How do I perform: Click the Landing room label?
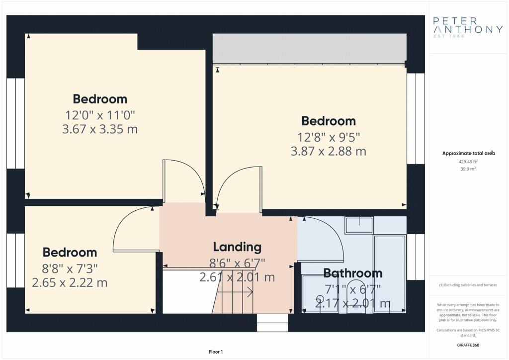237,247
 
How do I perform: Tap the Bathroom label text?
353,273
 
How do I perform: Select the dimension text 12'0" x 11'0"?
100,115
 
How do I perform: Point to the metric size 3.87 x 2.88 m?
328,151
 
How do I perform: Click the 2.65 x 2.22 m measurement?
70,282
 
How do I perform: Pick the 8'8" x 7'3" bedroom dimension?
70,269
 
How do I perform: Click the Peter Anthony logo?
468,27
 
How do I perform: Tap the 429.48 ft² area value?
468,161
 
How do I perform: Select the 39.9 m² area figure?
468,169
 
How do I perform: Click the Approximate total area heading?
468,153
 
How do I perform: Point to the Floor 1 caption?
216,352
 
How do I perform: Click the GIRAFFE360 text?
468,345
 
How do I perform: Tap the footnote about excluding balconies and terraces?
468,285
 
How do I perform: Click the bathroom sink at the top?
359,225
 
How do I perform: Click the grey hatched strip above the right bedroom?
309,48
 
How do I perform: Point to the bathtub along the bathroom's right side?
390,273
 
